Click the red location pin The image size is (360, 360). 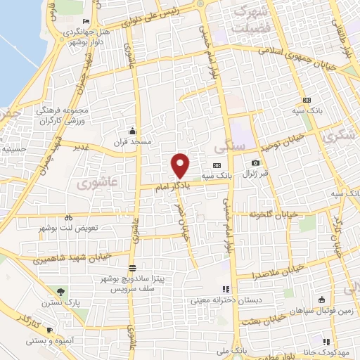(x=181, y=165)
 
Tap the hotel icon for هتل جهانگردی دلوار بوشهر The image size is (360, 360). (x=86, y=21)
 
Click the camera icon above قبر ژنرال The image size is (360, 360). (x=255, y=164)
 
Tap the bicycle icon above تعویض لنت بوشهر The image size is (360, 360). (x=68, y=218)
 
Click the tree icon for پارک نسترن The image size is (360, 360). (x=60, y=292)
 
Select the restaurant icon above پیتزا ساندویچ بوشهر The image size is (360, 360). (x=133, y=269)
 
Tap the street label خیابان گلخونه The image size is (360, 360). (x=274, y=214)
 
